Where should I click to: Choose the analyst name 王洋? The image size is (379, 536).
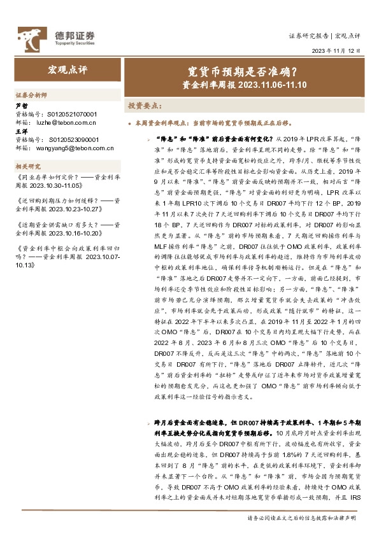pyautogui.click(x=21, y=131)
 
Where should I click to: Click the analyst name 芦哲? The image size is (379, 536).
pyautogui.click(x=21, y=106)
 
